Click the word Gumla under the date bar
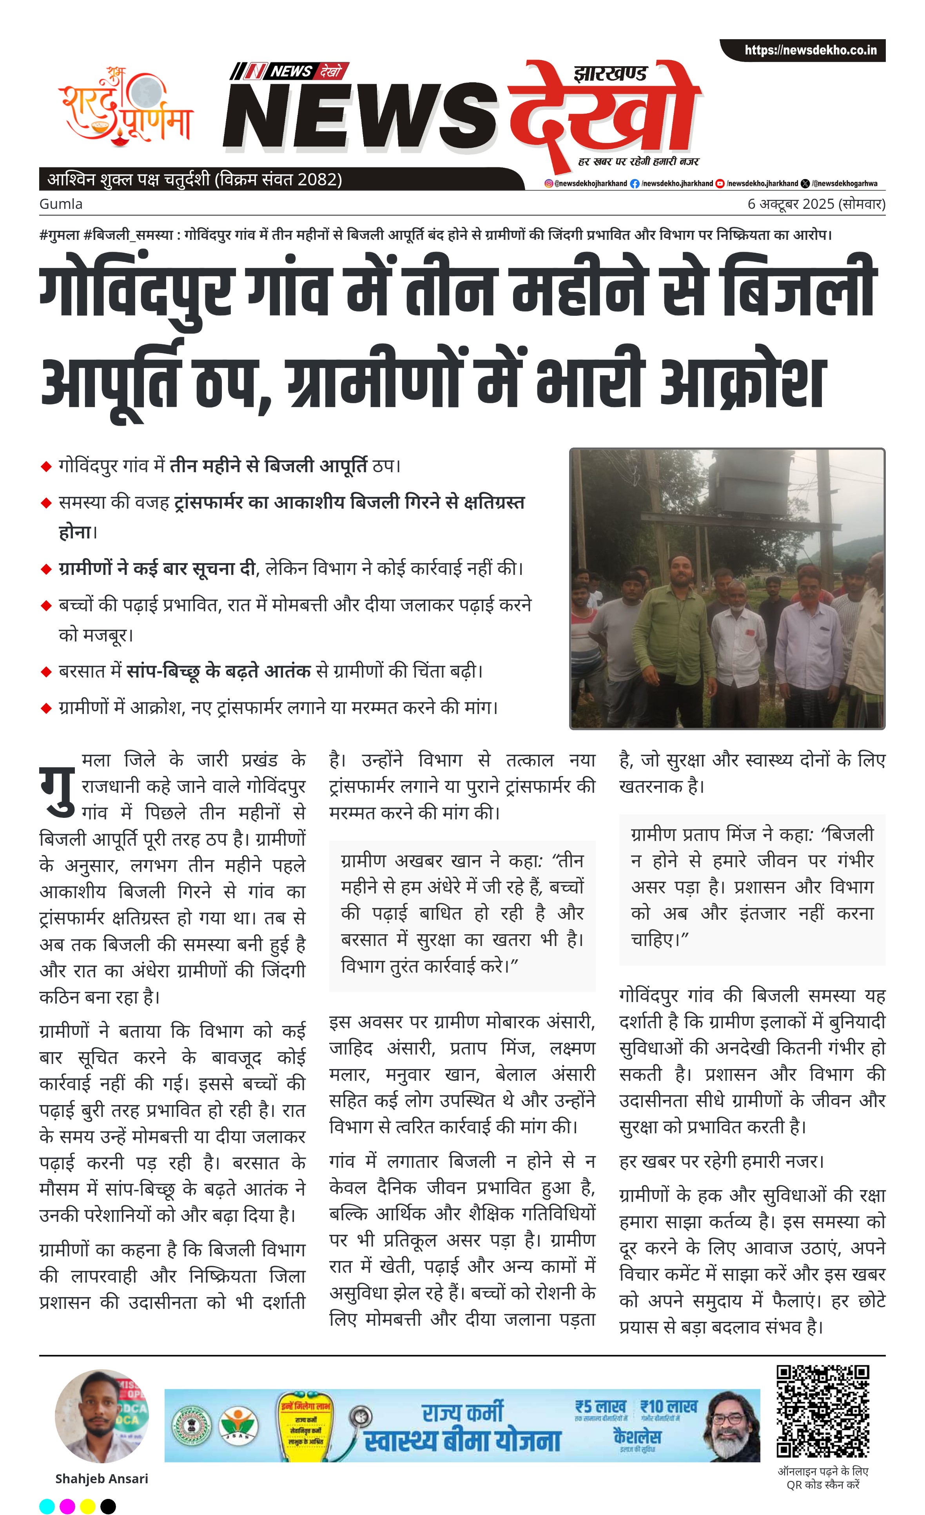point(61,204)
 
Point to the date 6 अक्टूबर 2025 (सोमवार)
point(816,204)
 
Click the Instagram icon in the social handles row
point(549,183)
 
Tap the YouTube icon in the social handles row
point(720,183)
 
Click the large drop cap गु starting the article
point(57,791)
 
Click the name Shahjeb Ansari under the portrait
point(102,1479)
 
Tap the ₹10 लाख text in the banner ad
point(669,1407)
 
